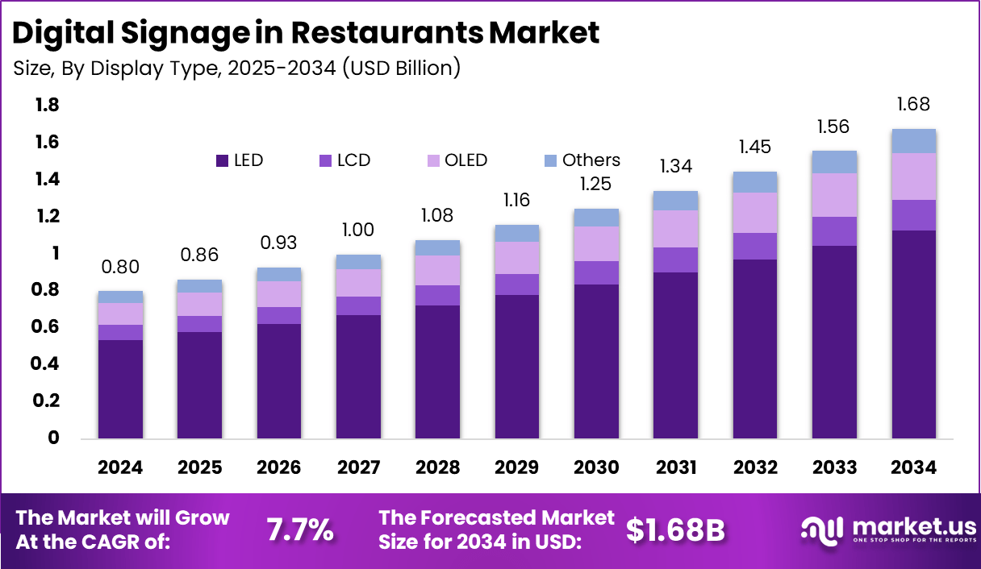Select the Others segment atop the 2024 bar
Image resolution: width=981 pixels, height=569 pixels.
pyautogui.click(x=121, y=297)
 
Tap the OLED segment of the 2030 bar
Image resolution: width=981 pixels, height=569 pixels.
pyautogui.click(x=596, y=243)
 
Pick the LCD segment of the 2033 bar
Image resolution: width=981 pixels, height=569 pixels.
pyautogui.click(x=834, y=231)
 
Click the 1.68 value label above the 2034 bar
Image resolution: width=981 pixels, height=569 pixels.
pyautogui.click(x=913, y=104)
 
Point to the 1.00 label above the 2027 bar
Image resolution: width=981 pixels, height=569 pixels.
pyautogui.click(x=358, y=230)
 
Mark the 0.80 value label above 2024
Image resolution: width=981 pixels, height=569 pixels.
pyautogui.click(x=121, y=267)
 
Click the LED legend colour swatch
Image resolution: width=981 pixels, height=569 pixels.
pyautogui.click(x=222, y=160)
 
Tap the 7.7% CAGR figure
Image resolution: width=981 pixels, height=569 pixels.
pyautogui.click(x=300, y=530)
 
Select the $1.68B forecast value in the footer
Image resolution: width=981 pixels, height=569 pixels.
pyautogui.click(x=676, y=530)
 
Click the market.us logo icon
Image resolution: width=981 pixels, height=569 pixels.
pyautogui.click(x=821, y=529)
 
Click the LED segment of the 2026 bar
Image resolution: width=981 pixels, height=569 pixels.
pyautogui.click(x=279, y=381)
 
